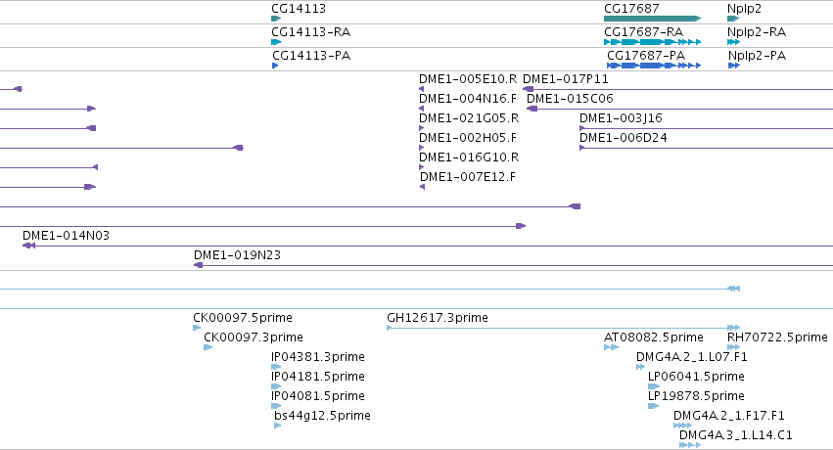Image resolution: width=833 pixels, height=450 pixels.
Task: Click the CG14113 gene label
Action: pyautogui.click(x=298, y=9)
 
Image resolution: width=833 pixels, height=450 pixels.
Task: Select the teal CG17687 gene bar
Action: pyautogui.click(x=652, y=19)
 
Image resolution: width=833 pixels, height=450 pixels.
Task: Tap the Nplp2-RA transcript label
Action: pyautogui.click(x=757, y=32)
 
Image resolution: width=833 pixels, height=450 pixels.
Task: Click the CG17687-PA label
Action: pyautogui.click(x=646, y=56)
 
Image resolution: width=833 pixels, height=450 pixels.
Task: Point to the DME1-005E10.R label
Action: pyautogui.click(x=468, y=79)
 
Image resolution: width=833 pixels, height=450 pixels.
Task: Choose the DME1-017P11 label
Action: pyautogui.click(x=565, y=79)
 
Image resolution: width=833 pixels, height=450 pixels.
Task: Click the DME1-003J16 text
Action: pyautogui.click(x=621, y=118)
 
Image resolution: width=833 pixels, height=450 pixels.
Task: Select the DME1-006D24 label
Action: pyautogui.click(x=624, y=138)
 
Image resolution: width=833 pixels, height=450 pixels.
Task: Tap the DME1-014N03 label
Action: pyautogui.click(x=66, y=236)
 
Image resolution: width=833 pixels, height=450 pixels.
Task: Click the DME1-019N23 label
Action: pyautogui.click(x=237, y=255)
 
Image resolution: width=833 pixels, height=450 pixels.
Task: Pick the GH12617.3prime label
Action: pyautogui.click(x=438, y=318)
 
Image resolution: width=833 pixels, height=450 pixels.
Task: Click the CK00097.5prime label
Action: pyautogui.click(x=243, y=318)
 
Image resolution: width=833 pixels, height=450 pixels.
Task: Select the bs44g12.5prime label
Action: pyautogui.click(x=322, y=416)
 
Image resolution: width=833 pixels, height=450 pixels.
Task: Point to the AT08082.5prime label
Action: pyautogui.click(x=654, y=337)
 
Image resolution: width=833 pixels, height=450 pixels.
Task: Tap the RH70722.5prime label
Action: pyautogui.click(x=777, y=337)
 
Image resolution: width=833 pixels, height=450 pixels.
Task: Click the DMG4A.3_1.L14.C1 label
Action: pyautogui.click(x=736, y=435)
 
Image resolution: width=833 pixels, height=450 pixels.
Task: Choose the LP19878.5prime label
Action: pyautogui.click(x=696, y=396)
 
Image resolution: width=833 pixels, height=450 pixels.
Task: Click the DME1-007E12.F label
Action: pyautogui.click(x=468, y=177)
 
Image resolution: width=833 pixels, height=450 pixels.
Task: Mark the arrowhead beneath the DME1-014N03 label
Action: pyautogui.click(x=28, y=246)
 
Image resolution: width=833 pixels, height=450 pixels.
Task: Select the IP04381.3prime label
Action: pyautogui.click(x=318, y=357)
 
